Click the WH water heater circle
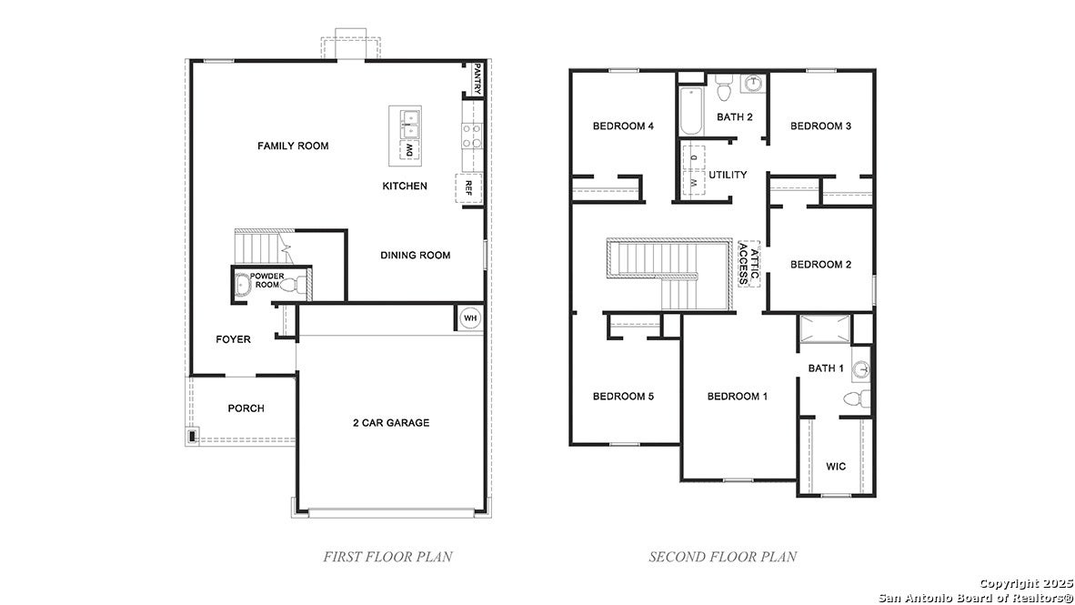469,318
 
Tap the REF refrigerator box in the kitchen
468,188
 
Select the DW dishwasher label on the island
409,149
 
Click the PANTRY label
477,77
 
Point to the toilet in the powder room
294,284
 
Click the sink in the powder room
242,284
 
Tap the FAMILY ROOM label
293,146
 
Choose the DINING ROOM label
416,255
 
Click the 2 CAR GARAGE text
391,422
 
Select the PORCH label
246,408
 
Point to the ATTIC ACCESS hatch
749,264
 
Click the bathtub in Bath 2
691,111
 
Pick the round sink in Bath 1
861,370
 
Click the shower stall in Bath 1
825,328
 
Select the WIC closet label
836,467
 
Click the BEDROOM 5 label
623,397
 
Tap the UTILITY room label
728,175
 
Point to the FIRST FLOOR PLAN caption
387,556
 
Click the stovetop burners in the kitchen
472,136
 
